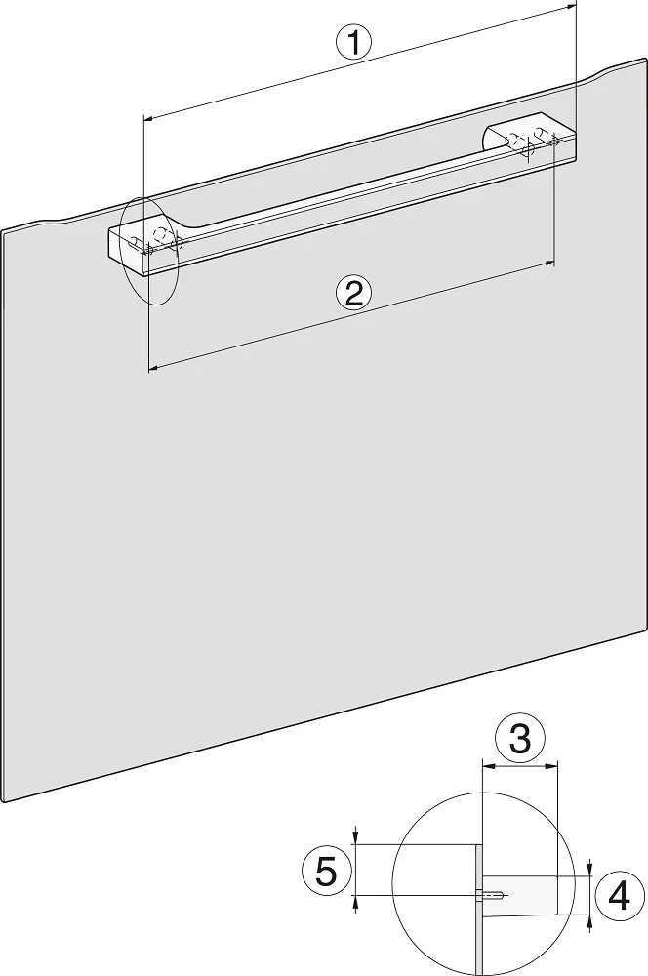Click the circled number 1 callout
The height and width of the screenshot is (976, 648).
tap(353, 44)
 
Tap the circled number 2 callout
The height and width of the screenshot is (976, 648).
tap(353, 293)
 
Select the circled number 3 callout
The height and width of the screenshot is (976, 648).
tap(520, 740)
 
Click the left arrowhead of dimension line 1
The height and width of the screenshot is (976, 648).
tap(148, 116)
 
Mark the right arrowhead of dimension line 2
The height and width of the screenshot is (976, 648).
tap(549, 264)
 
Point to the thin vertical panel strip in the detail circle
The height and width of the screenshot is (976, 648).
tap(478, 910)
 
